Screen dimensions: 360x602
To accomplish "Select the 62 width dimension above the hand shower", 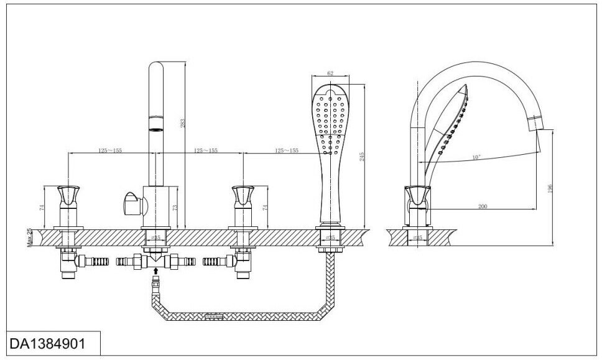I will (x=330, y=73).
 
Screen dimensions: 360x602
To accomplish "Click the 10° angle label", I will (x=476, y=158).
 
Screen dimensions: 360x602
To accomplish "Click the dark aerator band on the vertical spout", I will (x=154, y=122).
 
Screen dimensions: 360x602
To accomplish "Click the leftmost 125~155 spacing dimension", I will (x=110, y=150).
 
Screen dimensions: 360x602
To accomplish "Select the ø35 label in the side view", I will (x=418, y=238).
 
